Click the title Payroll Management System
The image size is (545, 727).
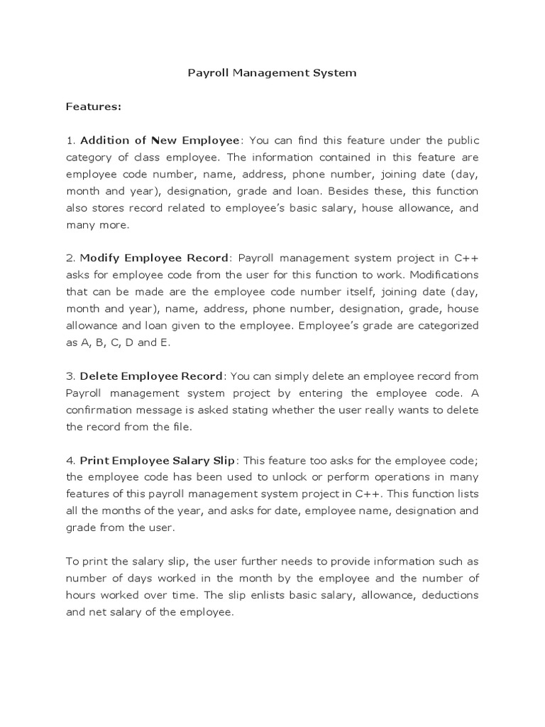272,72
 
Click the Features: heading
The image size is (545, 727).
94,106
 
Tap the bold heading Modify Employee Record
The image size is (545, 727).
155,257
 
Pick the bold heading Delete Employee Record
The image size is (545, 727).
152,376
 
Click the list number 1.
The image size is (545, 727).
70,141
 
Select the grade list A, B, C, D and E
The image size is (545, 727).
126,341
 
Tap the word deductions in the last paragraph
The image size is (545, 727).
450,595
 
